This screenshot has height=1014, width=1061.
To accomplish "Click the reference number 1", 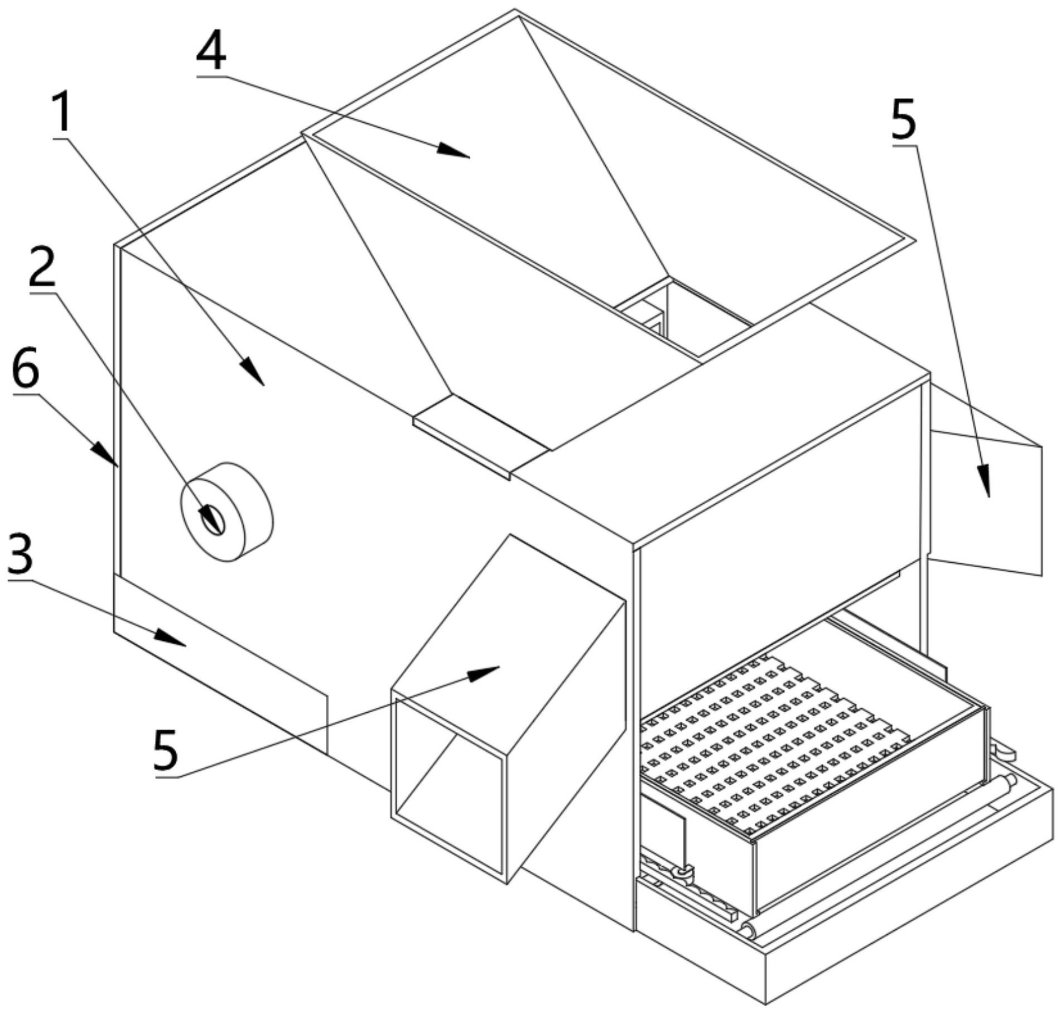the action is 62,113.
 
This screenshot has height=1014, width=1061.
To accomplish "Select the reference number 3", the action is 20,554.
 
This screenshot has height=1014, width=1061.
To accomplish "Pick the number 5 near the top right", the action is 903,119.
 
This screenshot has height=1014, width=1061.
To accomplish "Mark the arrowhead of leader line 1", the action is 252,371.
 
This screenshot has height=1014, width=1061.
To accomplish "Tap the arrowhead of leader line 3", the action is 170,638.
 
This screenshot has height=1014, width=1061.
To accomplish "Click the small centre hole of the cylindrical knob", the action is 214,520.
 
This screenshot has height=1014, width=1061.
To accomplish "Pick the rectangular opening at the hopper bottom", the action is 683,316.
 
